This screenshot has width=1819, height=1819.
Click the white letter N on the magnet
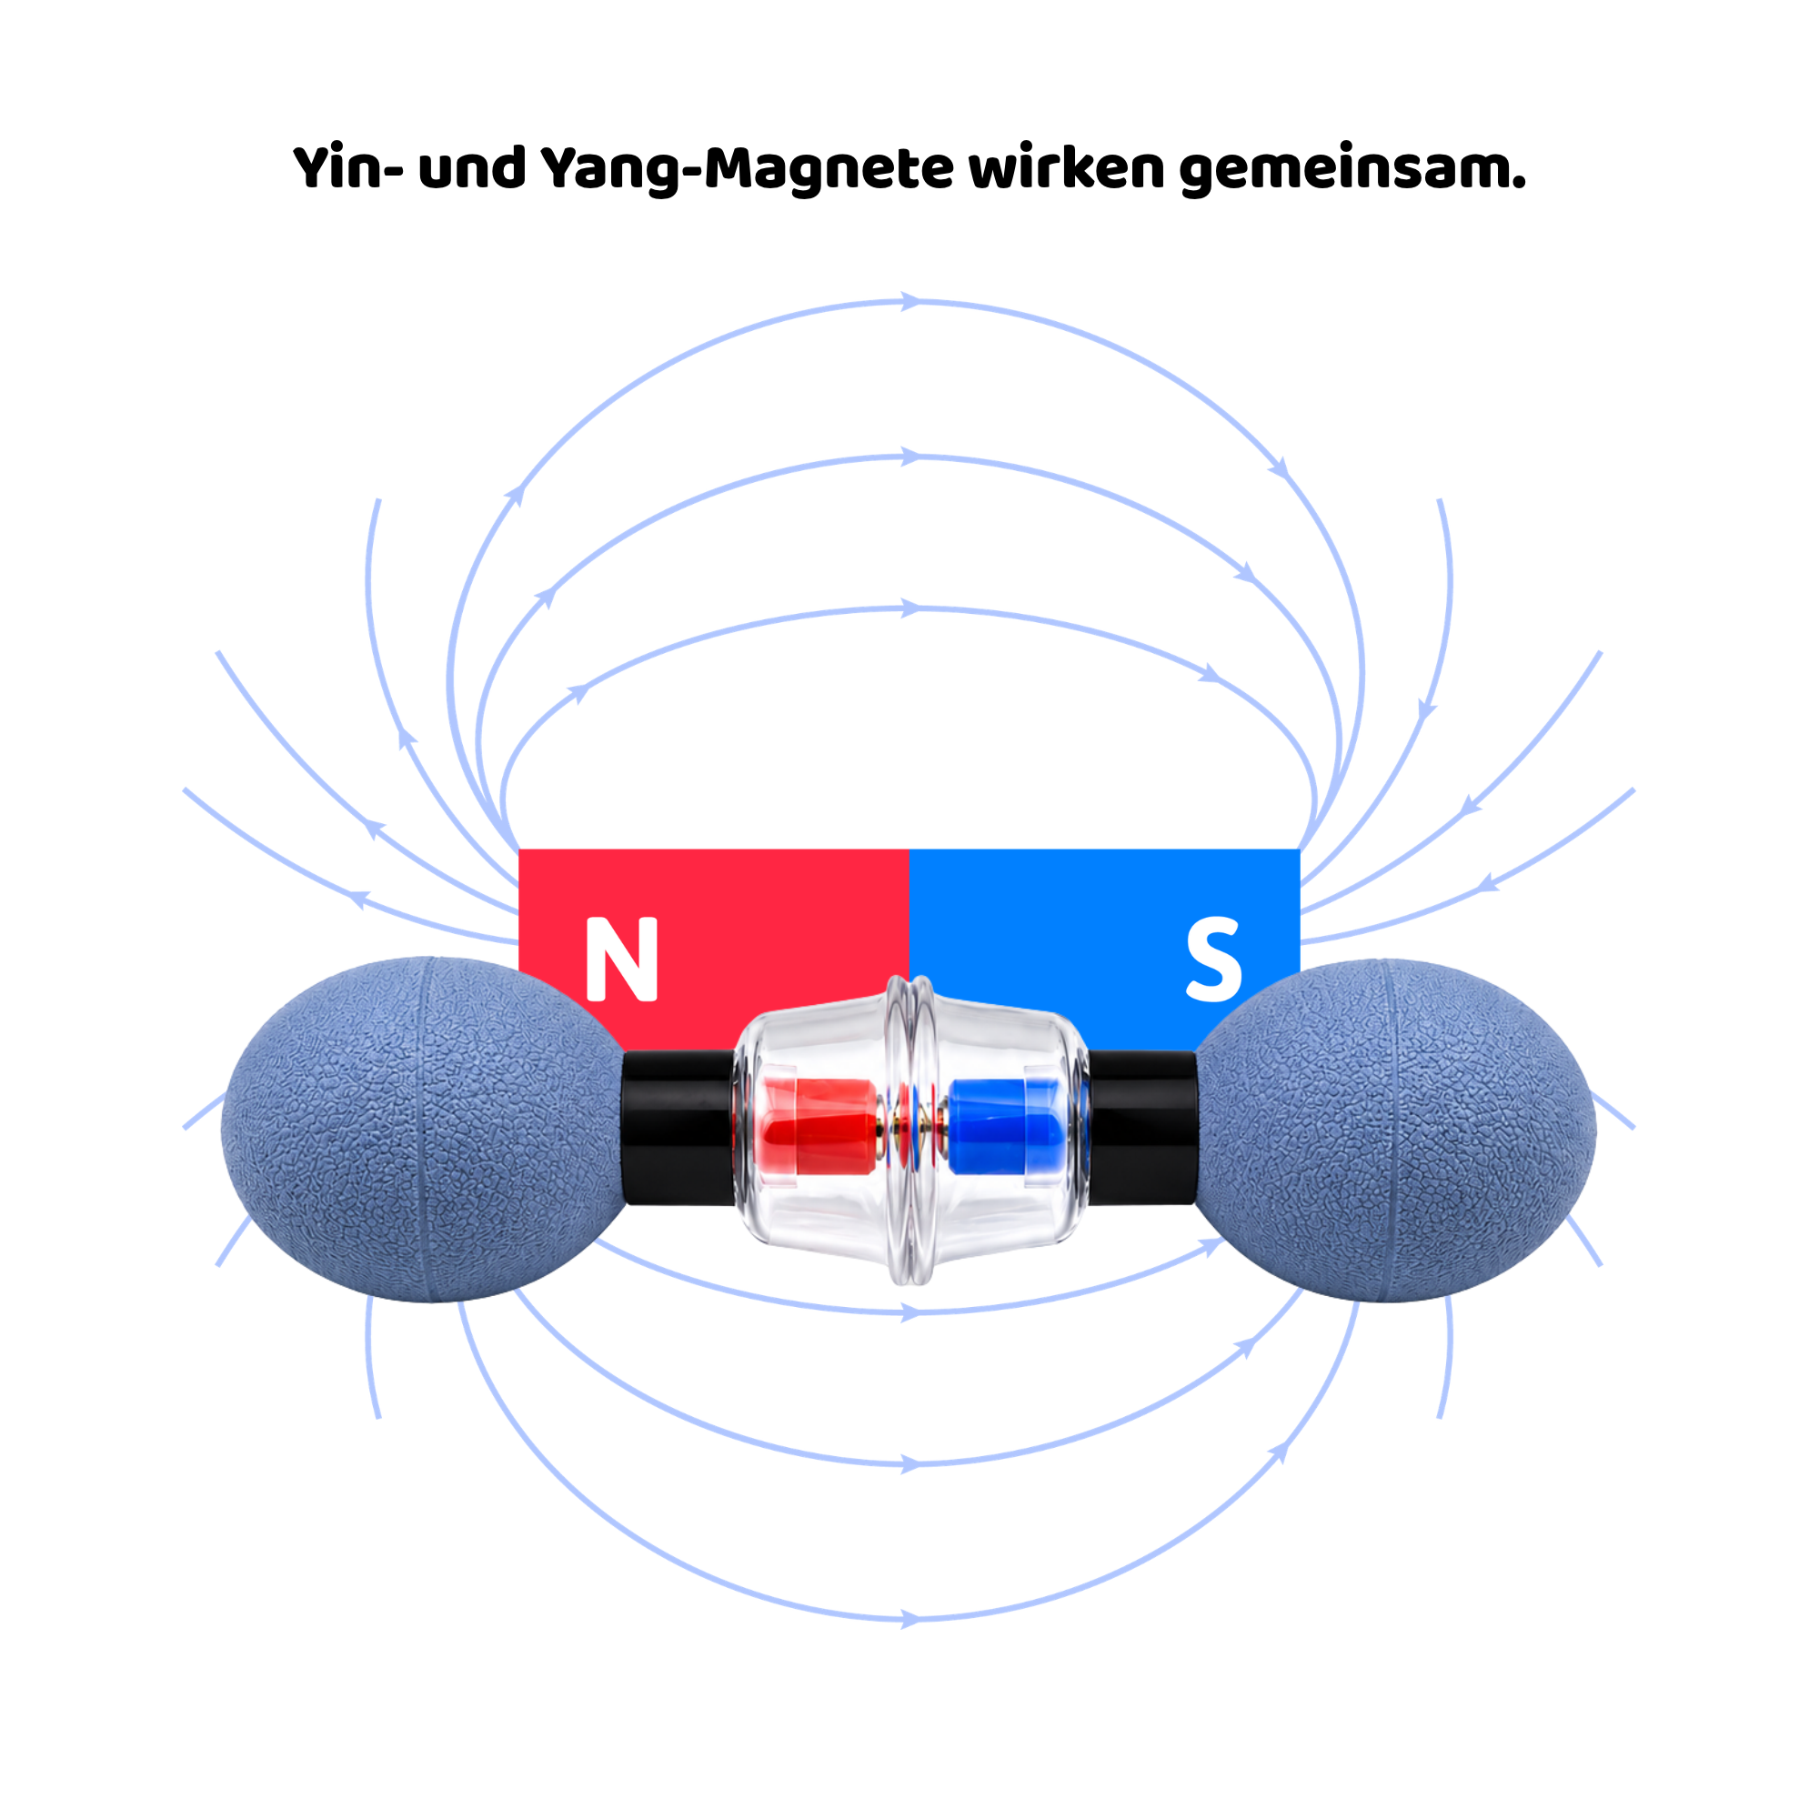tap(621, 958)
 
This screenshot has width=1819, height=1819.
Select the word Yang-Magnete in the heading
tap(748, 169)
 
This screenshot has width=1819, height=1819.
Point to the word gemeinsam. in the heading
tap(1353, 169)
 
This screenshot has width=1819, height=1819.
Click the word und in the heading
tap(473, 167)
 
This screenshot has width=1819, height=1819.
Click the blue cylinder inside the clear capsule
tap(1004, 1126)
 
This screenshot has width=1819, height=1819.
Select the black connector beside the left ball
tap(678, 1127)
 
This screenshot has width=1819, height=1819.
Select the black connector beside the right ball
tap(1141, 1127)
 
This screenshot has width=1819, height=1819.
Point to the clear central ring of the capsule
tap(909, 1129)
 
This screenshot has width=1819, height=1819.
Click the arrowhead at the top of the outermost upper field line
tap(909, 301)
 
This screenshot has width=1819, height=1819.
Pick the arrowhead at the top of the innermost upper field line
tap(909, 608)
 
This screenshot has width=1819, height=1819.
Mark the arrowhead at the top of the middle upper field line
tap(909, 457)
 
